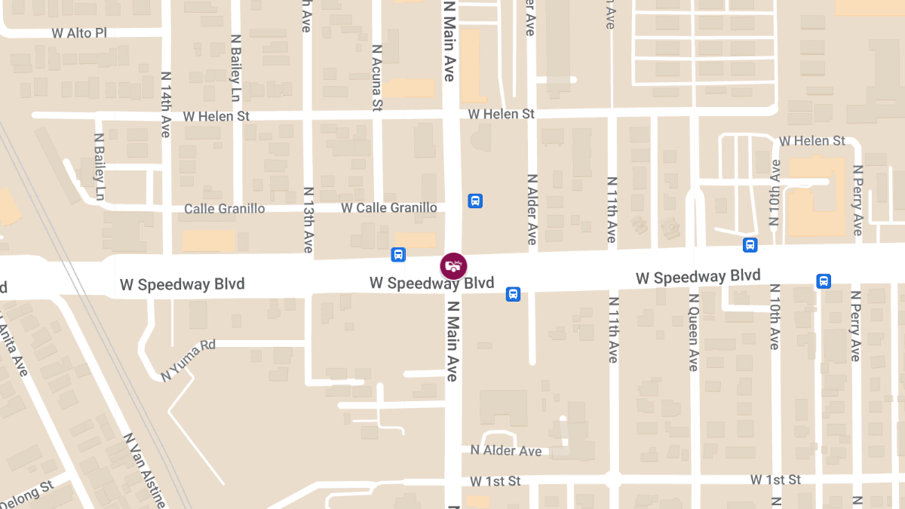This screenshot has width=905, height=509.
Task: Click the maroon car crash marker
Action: [x=454, y=265]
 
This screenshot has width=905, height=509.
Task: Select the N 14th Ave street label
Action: [x=166, y=104]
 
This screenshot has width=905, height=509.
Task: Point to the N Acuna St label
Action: [x=377, y=78]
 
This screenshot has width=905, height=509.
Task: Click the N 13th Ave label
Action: [x=308, y=219]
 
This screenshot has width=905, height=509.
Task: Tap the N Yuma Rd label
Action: [x=189, y=360]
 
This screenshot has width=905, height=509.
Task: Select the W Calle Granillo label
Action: [x=388, y=207]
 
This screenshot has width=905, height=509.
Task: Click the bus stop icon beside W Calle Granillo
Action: [x=475, y=201]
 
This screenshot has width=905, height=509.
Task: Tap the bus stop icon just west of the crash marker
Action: [x=398, y=255]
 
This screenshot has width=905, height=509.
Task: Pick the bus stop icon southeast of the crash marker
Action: [x=513, y=294]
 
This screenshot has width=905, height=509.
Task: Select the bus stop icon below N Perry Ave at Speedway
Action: [x=824, y=281]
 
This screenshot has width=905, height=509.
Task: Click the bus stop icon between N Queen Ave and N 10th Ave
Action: [x=750, y=245]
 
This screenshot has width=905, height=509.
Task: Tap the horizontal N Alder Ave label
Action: [x=506, y=450]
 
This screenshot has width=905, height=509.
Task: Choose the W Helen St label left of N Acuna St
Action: [x=216, y=117]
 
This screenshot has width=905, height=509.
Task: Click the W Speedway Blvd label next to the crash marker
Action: [x=431, y=284]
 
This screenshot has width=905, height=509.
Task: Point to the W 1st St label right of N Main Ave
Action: [x=495, y=481]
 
